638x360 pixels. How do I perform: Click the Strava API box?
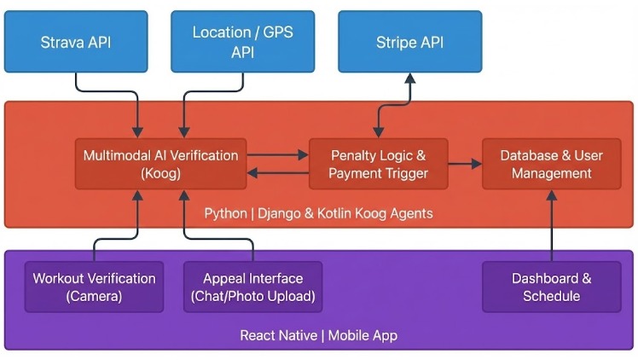76,42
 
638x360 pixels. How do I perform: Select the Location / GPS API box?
242,42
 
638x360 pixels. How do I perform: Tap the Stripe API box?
409,42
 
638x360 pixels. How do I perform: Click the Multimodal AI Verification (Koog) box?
160,164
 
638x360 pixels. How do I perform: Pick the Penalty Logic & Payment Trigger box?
377,164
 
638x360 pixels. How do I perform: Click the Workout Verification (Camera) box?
94,287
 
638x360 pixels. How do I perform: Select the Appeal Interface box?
252,287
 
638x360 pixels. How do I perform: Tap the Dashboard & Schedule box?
551,287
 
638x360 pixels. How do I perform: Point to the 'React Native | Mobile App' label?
318,335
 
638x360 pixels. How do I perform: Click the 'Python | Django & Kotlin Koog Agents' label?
318,213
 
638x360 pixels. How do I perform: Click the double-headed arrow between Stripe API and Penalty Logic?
394,106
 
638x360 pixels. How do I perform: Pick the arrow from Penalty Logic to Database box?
465,163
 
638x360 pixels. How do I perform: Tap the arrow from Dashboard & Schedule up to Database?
551,226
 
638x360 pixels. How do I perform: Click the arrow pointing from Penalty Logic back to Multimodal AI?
277,173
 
